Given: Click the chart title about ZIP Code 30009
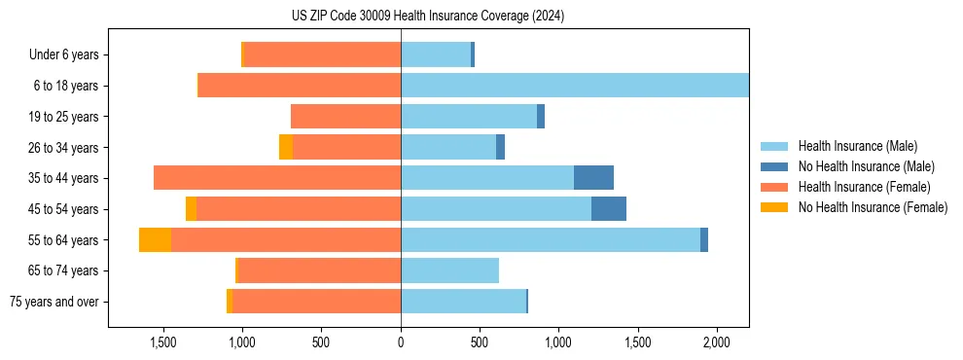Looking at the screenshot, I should coord(427,17).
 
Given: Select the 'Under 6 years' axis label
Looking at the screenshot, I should coord(63,55).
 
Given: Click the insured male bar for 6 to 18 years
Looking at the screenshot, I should coord(574,86).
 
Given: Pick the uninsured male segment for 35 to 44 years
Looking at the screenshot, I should coord(593,178).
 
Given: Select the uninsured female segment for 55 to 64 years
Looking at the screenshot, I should coord(155,240).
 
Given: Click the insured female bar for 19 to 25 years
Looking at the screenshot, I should coord(345,117).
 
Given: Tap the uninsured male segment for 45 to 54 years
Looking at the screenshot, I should coord(609,209).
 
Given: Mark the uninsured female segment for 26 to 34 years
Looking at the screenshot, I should coord(285,148).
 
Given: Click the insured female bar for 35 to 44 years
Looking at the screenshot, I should coord(277,178).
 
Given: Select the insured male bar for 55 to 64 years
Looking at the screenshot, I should coord(550,240).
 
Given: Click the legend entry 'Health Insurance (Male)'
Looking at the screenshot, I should coord(856,146).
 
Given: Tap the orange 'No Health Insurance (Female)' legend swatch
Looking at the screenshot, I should coord(775,207).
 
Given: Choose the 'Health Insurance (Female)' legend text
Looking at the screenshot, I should coord(864,187).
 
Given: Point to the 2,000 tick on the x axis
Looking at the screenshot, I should coord(717,343).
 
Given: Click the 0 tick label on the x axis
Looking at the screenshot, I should coord(401,343).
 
